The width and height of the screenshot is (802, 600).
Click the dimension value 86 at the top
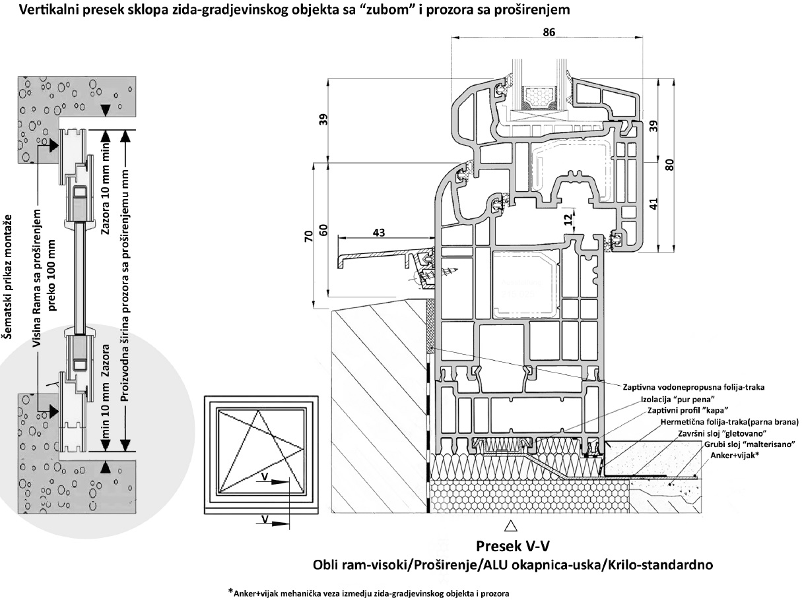(549, 32)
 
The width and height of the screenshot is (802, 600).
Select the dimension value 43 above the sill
(379, 233)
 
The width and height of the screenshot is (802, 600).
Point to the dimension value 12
(569, 220)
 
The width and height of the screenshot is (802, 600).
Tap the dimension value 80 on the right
(669, 165)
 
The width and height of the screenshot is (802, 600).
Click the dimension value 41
(653, 204)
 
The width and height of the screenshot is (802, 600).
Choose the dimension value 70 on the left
(309, 235)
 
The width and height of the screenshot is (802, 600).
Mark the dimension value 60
(323, 230)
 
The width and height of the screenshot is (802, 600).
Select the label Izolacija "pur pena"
(677, 399)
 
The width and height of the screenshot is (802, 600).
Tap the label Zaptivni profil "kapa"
(688, 410)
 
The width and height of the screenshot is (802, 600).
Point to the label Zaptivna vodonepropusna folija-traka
(694, 387)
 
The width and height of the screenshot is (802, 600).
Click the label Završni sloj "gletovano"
(722, 433)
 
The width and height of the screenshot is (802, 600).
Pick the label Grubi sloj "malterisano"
(750, 444)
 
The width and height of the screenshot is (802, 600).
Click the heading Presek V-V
(513, 547)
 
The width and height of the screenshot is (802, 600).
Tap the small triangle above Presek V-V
(510, 526)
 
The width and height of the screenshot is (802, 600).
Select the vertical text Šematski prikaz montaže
(7, 276)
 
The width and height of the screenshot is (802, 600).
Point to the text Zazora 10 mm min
(105, 189)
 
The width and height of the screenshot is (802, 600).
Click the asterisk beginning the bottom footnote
(230, 591)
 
